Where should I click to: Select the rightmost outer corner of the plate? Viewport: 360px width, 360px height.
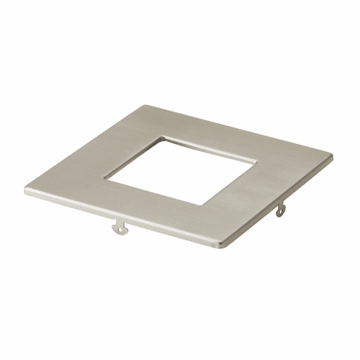click(x=333, y=153)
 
